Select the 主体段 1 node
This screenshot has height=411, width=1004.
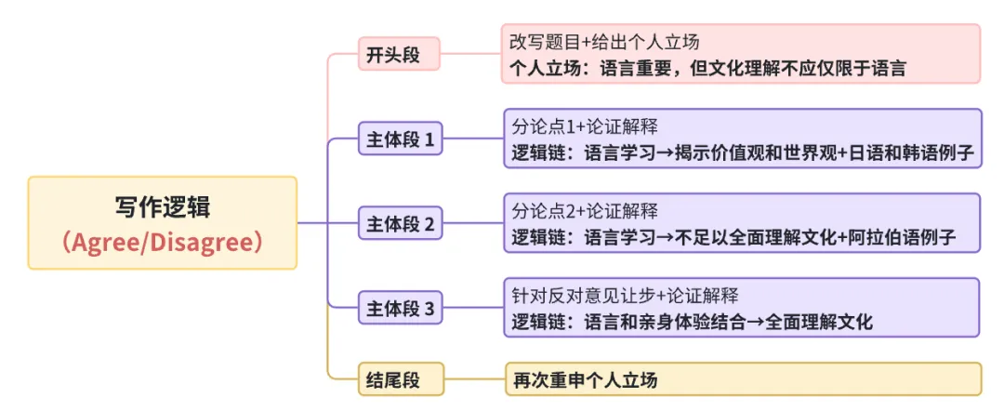400,140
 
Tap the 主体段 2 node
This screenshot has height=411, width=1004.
400,224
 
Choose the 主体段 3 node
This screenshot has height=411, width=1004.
400,309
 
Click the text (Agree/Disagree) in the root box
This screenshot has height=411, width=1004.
162,242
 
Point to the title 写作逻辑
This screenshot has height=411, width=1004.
162,206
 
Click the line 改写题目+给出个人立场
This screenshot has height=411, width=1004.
604,43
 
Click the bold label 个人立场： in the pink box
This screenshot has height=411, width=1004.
548,68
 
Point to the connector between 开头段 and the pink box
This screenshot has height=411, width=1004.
470,54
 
